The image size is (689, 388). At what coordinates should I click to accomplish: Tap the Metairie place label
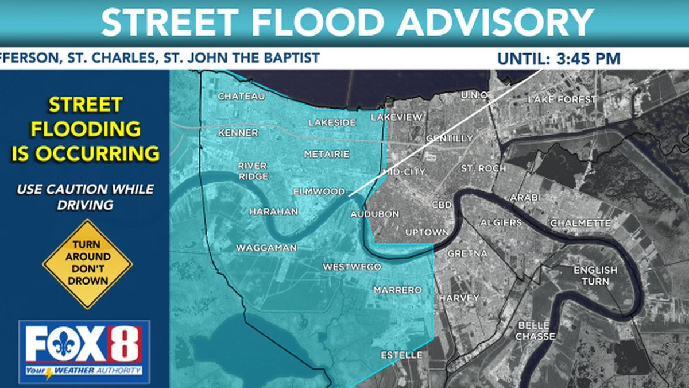[327, 155]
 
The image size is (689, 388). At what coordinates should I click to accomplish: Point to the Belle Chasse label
[535, 331]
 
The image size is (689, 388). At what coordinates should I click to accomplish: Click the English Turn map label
[595, 275]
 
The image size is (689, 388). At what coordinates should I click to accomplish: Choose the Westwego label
[353, 267]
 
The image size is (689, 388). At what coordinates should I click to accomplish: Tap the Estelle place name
[401, 355]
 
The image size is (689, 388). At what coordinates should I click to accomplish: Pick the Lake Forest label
[562, 99]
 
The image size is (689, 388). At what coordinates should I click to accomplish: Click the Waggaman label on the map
[266, 248]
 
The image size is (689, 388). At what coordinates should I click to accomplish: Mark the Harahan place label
[273, 212]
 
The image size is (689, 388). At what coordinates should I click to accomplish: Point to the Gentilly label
[450, 139]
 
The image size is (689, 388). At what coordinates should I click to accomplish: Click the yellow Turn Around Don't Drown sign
[87, 264]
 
